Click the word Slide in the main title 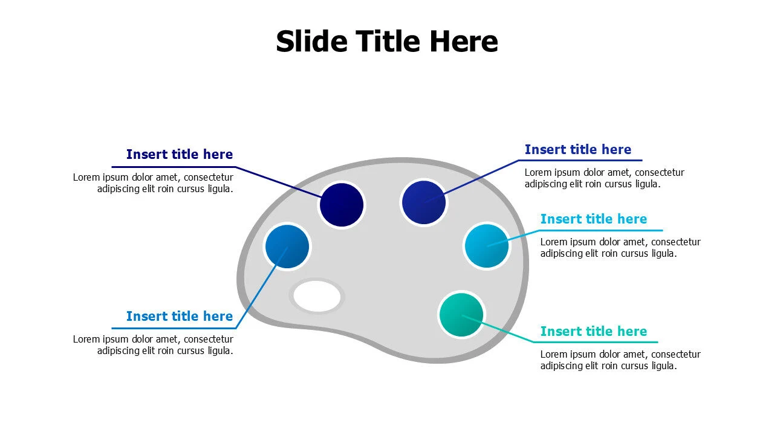tap(311, 42)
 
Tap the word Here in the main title tap(463, 42)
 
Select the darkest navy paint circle tap(342, 205)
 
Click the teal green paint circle tap(461, 315)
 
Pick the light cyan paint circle tap(487, 246)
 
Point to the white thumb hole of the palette tap(317, 296)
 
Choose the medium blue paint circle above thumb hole tap(287, 246)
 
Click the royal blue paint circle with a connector tap(424, 202)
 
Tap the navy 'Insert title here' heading tap(180, 154)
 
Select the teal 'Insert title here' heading tap(594, 332)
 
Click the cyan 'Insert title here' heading tap(594, 219)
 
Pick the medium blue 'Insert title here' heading tap(180, 316)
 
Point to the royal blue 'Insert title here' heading tap(578, 149)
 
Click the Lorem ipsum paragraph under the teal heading tap(620, 359)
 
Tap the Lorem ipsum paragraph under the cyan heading tap(620, 248)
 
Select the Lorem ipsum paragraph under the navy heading tap(153, 183)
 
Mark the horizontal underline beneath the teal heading tap(596, 342)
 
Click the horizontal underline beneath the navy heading tap(174, 167)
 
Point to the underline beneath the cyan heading tap(600, 230)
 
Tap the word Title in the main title tap(388, 42)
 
